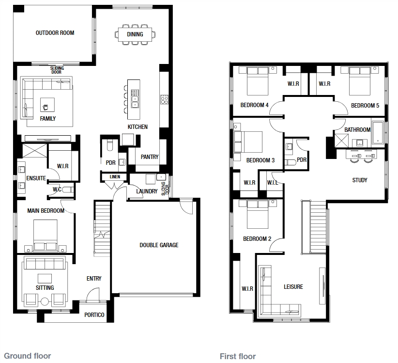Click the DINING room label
pos(135,34)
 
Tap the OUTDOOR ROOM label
pos(55,33)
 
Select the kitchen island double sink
pos(135,98)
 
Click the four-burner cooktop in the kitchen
pos(164,99)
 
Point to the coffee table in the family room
pos(47,105)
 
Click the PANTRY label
pos(150,157)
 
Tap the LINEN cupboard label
pos(115,176)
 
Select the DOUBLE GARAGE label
pos(159,245)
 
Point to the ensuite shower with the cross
pos(35,151)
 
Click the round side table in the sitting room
pos(45,301)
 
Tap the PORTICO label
pos(94,315)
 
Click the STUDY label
pos(360,180)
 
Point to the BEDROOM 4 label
pos(254,105)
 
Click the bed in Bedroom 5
pos(360,81)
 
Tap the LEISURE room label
pos(293,287)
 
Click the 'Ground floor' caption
pos(28,356)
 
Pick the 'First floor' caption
pos(238,356)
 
